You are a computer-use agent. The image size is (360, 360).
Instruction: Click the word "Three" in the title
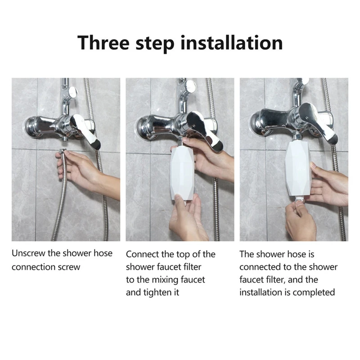click(103, 43)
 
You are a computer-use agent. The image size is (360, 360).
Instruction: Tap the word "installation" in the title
click(232, 43)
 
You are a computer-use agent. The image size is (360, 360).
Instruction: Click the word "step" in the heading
click(155, 45)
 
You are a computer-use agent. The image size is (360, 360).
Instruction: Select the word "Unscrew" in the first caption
click(29, 253)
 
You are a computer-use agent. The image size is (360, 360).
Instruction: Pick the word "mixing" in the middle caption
click(165, 280)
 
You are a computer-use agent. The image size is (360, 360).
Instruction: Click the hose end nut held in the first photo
click(62, 152)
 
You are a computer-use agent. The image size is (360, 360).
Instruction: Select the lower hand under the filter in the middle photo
click(187, 217)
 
